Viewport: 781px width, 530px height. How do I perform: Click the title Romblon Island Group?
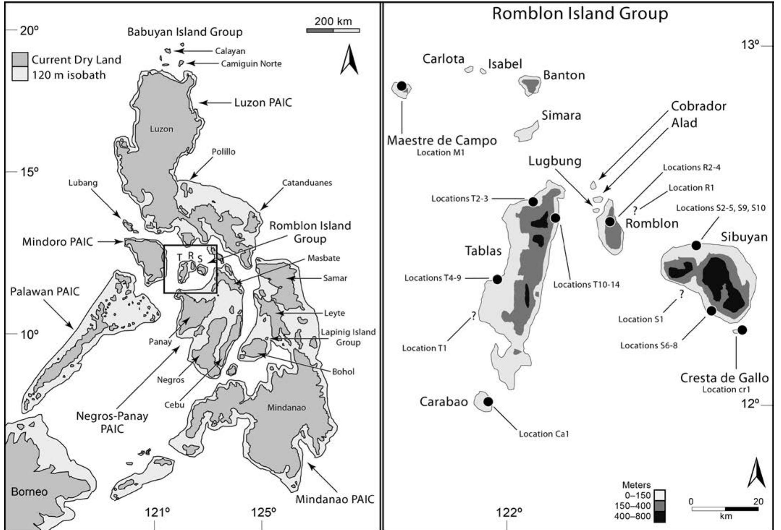[x=580, y=14]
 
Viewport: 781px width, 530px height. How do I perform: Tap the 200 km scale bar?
[x=333, y=31]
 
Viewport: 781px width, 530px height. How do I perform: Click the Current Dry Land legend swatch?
[x=20, y=60]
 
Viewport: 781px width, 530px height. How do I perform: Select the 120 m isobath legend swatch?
[x=20, y=75]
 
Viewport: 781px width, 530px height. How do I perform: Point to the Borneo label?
[x=29, y=492]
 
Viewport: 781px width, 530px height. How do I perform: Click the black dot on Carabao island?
[x=488, y=402]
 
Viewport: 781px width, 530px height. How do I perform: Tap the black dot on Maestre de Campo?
[x=402, y=86]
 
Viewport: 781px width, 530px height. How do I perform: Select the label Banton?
[x=564, y=75]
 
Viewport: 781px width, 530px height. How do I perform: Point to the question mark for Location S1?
[x=682, y=294]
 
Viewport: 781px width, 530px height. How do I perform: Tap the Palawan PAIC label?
[x=44, y=292]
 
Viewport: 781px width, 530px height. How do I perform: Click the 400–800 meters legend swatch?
[x=660, y=516]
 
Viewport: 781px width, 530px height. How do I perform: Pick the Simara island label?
[x=561, y=115]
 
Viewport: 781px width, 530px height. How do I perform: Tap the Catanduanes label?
[x=307, y=183]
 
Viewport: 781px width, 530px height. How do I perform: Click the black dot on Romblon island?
[x=610, y=221]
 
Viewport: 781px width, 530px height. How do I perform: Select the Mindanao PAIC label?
[x=335, y=500]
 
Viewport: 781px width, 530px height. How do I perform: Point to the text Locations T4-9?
[x=433, y=278]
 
